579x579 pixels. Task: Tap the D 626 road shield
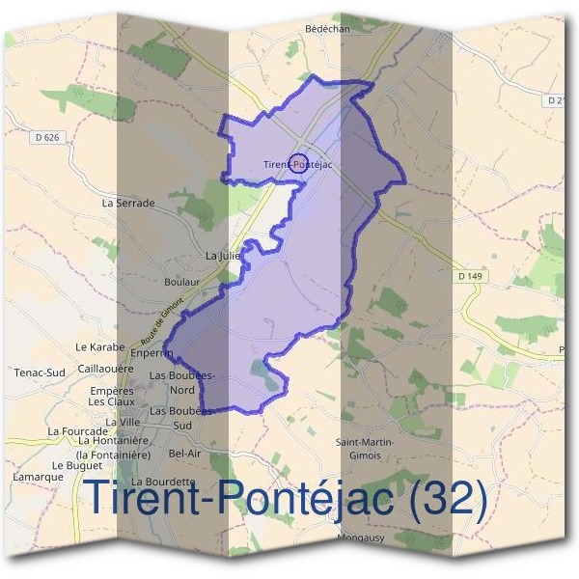[x=45, y=138]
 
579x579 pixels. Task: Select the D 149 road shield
[x=470, y=277]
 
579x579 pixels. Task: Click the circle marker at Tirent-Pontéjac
[x=298, y=161]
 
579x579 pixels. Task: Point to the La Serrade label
[x=127, y=204]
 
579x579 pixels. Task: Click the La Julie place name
[x=223, y=256]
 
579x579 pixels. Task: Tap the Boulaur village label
[x=181, y=282]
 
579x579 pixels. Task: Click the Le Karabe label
[x=100, y=345]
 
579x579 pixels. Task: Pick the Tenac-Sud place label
[x=39, y=372]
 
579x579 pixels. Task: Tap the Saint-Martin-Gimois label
[x=365, y=448]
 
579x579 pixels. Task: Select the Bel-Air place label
[x=184, y=453]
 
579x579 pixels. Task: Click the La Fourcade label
[x=79, y=430]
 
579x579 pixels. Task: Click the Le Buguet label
[x=70, y=465]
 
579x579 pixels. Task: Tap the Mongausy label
[x=363, y=538]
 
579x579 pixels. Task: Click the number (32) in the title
[x=447, y=499]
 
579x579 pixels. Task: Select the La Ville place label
[x=124, y=423]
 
